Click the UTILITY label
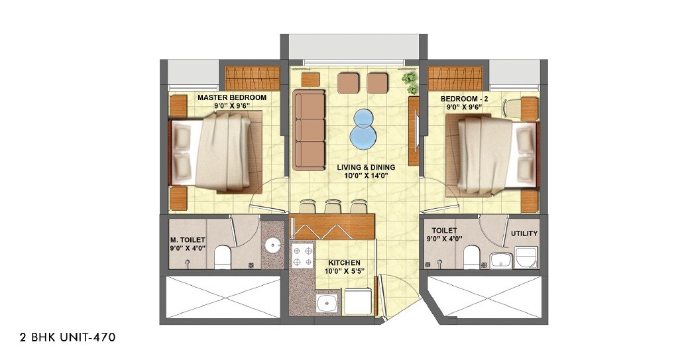point(524,233)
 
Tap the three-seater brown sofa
point(310,130)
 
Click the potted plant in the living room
point(410,82)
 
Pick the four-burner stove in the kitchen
point(302,257)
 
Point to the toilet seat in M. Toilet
point(223,255)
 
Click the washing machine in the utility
point(526,257)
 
